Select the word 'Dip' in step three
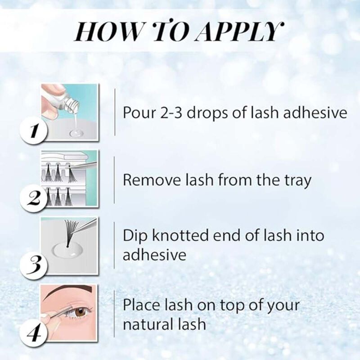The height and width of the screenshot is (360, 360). pos(135,235)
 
